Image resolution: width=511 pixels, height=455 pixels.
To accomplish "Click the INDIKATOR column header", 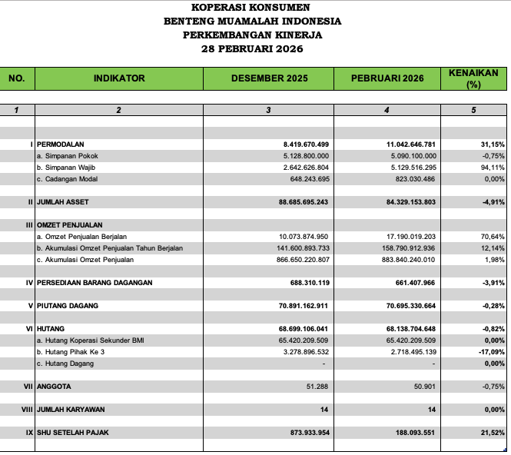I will (119, 78).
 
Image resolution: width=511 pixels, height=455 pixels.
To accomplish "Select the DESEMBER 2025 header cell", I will (268, 78).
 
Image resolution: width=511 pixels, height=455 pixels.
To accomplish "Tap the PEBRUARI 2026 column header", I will (387, 78).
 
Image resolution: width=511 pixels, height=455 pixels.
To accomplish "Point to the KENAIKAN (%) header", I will (473, 78).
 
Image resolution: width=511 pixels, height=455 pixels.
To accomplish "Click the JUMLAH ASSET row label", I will (65, 202).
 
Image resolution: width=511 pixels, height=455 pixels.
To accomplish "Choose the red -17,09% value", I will (490, 351).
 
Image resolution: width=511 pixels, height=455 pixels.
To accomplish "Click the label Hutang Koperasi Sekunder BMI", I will (90, 340).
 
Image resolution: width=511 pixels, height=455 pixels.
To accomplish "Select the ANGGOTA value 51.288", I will (317, 387).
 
